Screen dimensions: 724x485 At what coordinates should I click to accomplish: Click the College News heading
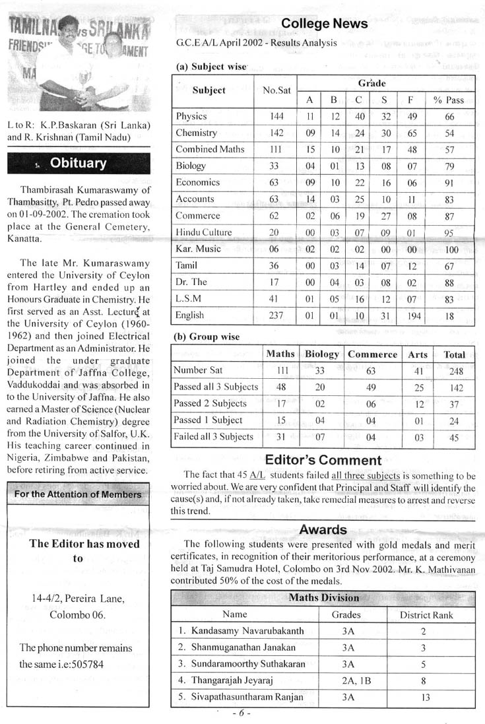[x=324, y=24]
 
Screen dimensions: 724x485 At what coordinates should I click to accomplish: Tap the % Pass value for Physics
[x=449, y=117]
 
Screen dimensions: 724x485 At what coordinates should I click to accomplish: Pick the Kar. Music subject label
[x=199, y=249]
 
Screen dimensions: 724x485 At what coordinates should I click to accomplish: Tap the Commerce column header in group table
[x=372, y=354]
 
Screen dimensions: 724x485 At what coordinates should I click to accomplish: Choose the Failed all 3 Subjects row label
[x=213, y=437]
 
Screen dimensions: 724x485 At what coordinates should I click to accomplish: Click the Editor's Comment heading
[x=323, y=461]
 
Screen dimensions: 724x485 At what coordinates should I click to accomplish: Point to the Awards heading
[x=323, y=529]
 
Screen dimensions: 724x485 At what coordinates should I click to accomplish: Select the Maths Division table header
[x=323, y=598]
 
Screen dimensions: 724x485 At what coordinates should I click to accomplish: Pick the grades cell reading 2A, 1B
[x=348, y=680]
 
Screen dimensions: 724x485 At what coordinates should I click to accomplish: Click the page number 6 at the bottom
[x=242, y=713]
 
